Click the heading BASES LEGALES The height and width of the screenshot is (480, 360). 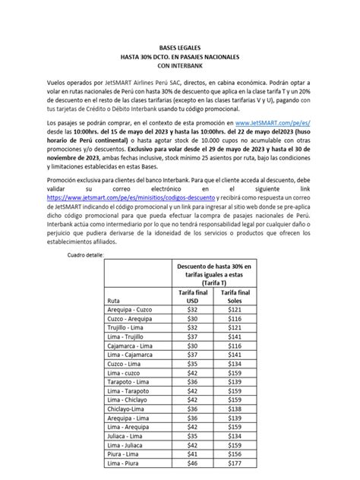pyautogui.click(x=180, y=46)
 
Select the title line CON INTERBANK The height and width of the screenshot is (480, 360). pyautogui.click(x=180, y=66)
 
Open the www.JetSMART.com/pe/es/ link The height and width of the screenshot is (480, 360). pyautogui.click(x=273, y=122)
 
